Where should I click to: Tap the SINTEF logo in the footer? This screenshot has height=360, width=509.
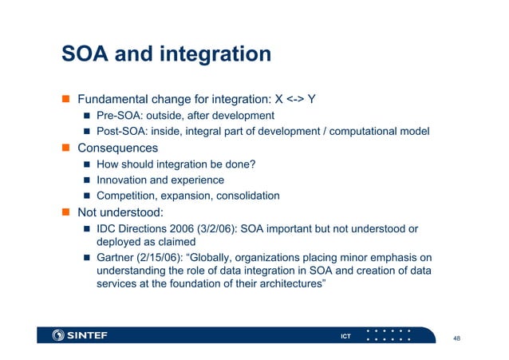coord(79,335)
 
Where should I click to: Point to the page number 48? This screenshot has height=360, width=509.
coord(456,338)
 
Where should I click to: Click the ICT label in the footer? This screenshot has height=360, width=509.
coord(345,336)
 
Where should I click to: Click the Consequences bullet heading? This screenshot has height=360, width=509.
coord(117,148)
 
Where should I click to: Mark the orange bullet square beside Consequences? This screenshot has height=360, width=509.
coord(68,148)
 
